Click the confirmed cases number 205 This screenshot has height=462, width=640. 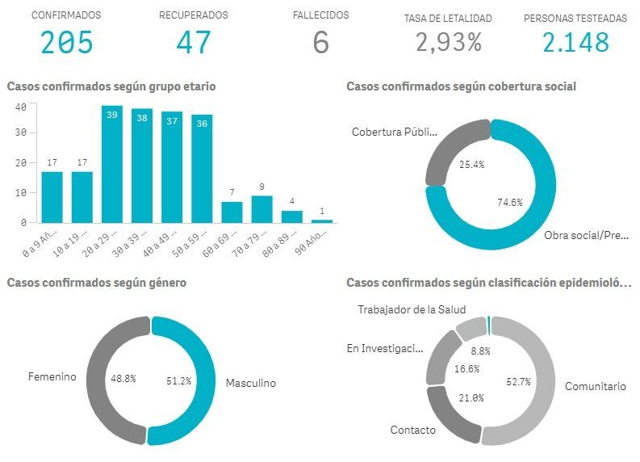[x=67, y=43]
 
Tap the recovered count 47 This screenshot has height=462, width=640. [x=193, y=43]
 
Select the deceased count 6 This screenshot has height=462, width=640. [x=320, y=43]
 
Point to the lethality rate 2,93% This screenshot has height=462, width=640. [x=449, y=43]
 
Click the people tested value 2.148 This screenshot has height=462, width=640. [x=575, y=43]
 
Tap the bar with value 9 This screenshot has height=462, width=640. [x=261, y=208]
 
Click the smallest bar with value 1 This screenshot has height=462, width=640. [x=321, y=220]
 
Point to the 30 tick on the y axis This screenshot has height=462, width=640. [x=21, y=132]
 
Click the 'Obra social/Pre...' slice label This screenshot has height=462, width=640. [x=587, y=236]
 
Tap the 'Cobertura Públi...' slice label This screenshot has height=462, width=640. [x=394, y=132]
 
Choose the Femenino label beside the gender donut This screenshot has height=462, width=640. [x=52, y=377]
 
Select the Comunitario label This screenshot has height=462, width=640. [x=595, y=387]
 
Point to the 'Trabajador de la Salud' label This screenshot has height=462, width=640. [x=412, y=309]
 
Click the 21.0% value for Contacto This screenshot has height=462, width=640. [x=471, y=397]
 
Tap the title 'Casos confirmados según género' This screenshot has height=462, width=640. [x=96, y=283]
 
